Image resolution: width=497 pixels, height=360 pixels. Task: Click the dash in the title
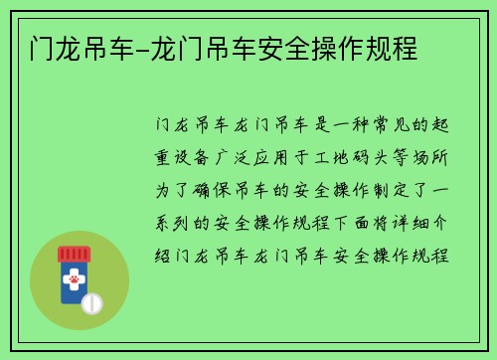tap(142, 52)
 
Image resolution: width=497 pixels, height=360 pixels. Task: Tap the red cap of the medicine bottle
tap(74, 254)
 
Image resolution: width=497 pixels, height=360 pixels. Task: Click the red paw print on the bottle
tap(75, 279)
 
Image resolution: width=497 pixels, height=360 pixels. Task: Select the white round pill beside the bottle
tap(92, 303)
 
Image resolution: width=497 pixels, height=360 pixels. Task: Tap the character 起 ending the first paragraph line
tap(440, 125)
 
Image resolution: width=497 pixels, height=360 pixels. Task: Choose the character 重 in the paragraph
tap(163, 157)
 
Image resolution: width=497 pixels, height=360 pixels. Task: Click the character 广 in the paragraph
tap(222, 157)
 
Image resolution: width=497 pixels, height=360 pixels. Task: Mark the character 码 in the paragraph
tap(361, 157)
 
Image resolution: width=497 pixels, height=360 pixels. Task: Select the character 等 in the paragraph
tap(401, 157)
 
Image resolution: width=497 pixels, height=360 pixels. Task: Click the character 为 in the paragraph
tap(163, 191)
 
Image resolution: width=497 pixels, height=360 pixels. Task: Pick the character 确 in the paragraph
tap(202, 191)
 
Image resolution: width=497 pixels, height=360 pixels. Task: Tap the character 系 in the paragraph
tap(163, 223)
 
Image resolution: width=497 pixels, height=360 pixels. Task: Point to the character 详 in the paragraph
tap(401, 223)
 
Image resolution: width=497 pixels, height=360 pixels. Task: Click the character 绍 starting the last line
tap(163, 256)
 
